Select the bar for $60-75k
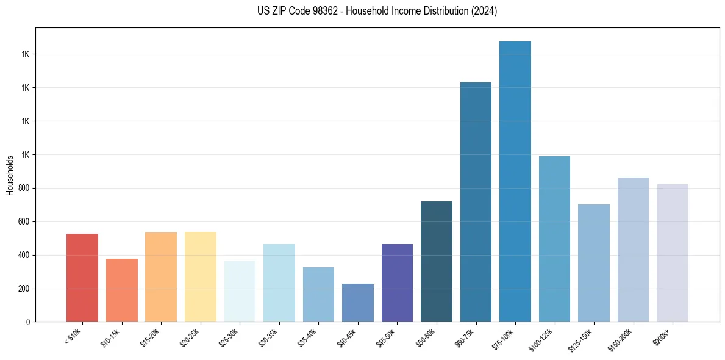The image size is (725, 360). coord(476,202)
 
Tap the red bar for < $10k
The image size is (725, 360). coord(82,278)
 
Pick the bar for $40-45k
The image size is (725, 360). coord(358,303)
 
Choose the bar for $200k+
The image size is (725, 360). coord(673,253)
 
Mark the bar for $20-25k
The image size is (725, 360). coord(201,277)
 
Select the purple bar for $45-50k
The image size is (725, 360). coord(397,283)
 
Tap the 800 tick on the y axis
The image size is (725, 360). coord(24,188)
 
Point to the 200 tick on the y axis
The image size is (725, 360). coord(24,289)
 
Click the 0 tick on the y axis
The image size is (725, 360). coord(28,322)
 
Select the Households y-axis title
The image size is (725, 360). coord(10,175)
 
